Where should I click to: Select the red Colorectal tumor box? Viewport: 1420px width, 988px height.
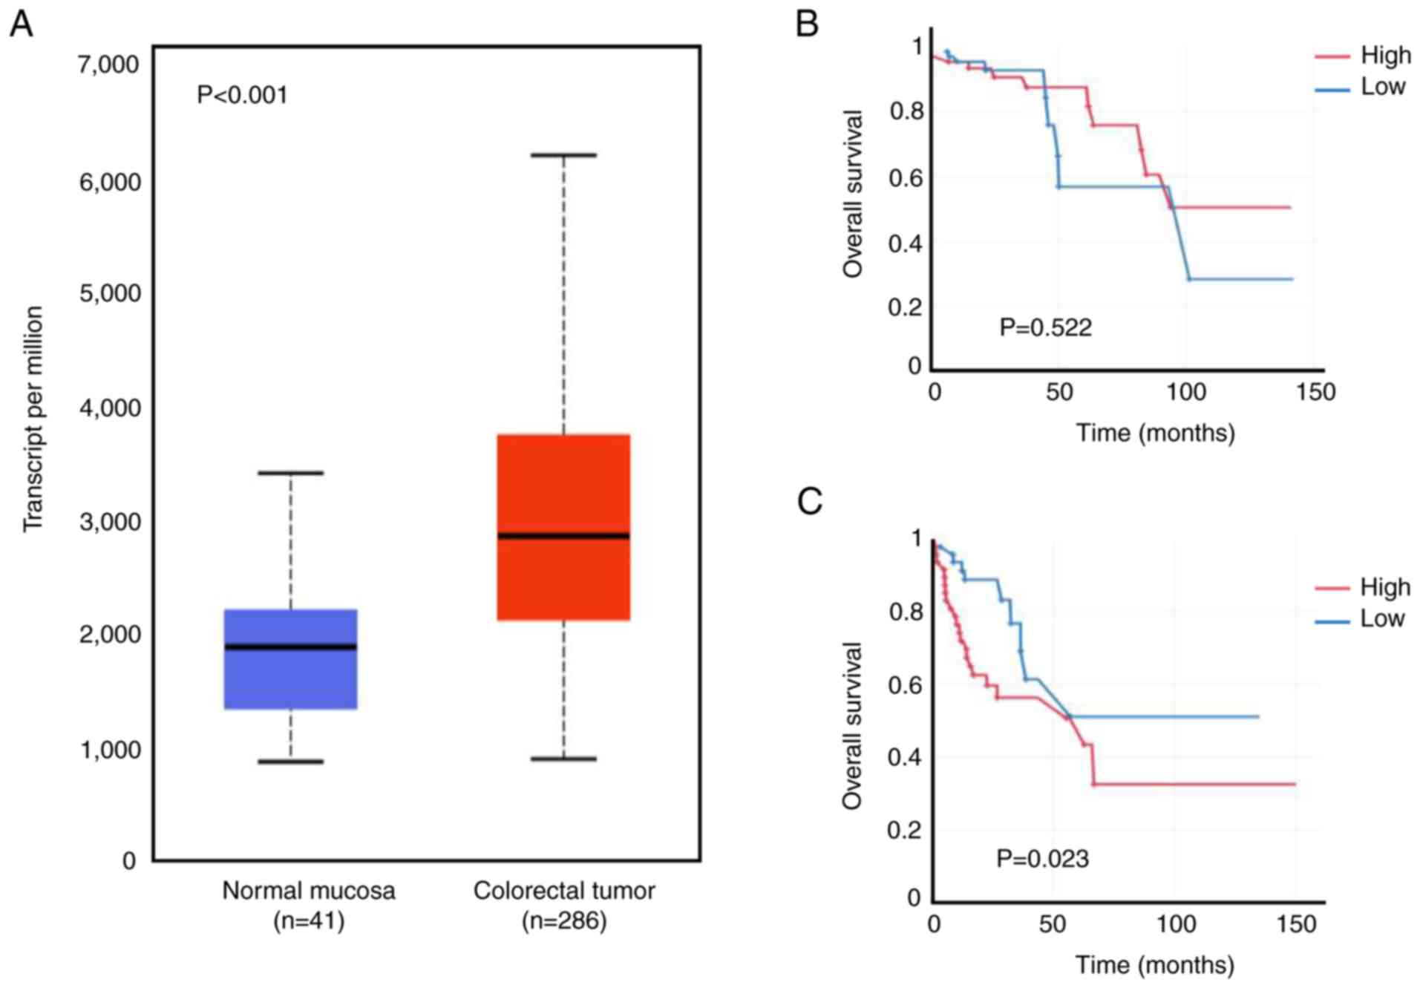563,482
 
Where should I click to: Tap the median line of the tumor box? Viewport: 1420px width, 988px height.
563,535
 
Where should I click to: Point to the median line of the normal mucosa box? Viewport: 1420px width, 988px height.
290,647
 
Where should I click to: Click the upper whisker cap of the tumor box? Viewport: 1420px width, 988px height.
563,155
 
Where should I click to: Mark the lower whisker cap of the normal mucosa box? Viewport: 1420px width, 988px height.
290,761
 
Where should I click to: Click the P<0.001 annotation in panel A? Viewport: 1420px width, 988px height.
242,95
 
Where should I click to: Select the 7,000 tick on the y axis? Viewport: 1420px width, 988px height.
108,65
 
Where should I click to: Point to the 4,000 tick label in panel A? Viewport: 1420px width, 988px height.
108,408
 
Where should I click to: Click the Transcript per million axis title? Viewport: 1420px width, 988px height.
33,419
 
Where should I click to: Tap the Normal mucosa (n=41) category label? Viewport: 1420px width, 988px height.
309,905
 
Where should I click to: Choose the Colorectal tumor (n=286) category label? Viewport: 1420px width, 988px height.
564,905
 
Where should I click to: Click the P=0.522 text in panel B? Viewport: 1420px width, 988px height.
1045,327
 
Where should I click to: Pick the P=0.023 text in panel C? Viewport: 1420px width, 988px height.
1042,859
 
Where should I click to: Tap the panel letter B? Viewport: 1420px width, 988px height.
807,24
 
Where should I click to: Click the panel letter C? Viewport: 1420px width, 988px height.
809,502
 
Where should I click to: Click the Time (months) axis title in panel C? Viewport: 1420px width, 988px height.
1155,964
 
